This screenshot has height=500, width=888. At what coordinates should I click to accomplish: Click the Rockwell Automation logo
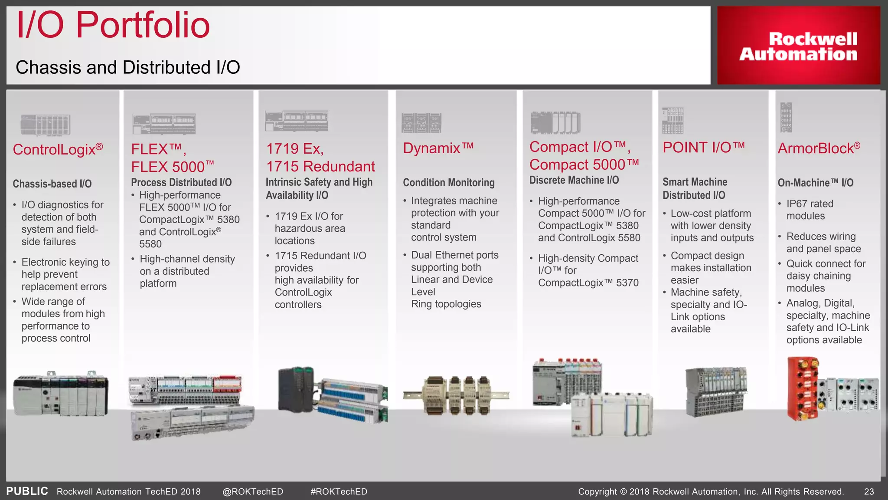798,46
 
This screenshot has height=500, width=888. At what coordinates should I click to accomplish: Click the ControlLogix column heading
58,149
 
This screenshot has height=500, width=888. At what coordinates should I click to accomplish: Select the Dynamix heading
438,148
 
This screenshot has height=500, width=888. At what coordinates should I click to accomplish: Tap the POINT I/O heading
703,148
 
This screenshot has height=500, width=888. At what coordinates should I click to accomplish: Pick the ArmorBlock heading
819,148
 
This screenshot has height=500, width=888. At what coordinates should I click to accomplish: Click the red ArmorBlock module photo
803,388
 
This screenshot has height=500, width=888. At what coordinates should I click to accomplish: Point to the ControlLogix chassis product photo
60,394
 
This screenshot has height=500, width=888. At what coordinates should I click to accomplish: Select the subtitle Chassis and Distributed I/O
127,68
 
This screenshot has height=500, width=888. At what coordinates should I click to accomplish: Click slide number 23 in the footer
869,491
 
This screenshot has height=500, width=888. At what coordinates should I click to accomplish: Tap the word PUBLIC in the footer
27,491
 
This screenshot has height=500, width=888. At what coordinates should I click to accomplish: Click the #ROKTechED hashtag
339,491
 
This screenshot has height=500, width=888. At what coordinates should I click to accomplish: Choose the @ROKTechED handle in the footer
252,491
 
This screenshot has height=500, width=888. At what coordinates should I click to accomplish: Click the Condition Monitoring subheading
448,183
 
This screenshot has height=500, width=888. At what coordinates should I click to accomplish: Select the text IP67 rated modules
809,210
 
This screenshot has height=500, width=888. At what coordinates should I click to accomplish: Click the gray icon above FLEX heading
164,124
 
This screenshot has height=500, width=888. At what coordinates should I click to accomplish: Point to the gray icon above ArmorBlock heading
786,117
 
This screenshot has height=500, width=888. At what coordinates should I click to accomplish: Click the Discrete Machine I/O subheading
574,180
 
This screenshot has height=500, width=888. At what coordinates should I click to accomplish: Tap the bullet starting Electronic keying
65,274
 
